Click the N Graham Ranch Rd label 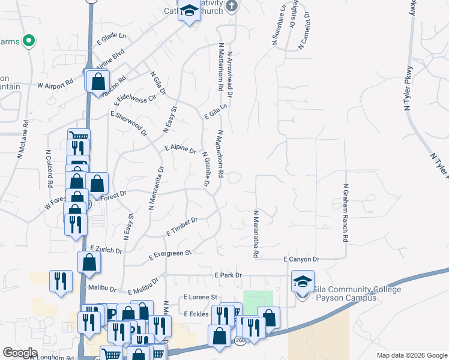(x=345, y=213)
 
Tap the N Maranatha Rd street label (x=256, y=234)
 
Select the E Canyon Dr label (x=301, y=259)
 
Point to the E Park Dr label (x=228, y=275)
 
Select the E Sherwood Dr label (x=128, y=122)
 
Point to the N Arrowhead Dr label (x=229, y=75)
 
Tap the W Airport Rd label (x=55, y=85)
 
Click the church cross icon (x=233, y=7)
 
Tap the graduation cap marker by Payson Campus (x=303, y=281)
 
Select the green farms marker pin (x=28, y=41)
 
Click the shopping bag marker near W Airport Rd (x=98, y=81)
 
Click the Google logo (x=20, y=353)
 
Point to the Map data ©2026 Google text (x=411, y=355)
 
